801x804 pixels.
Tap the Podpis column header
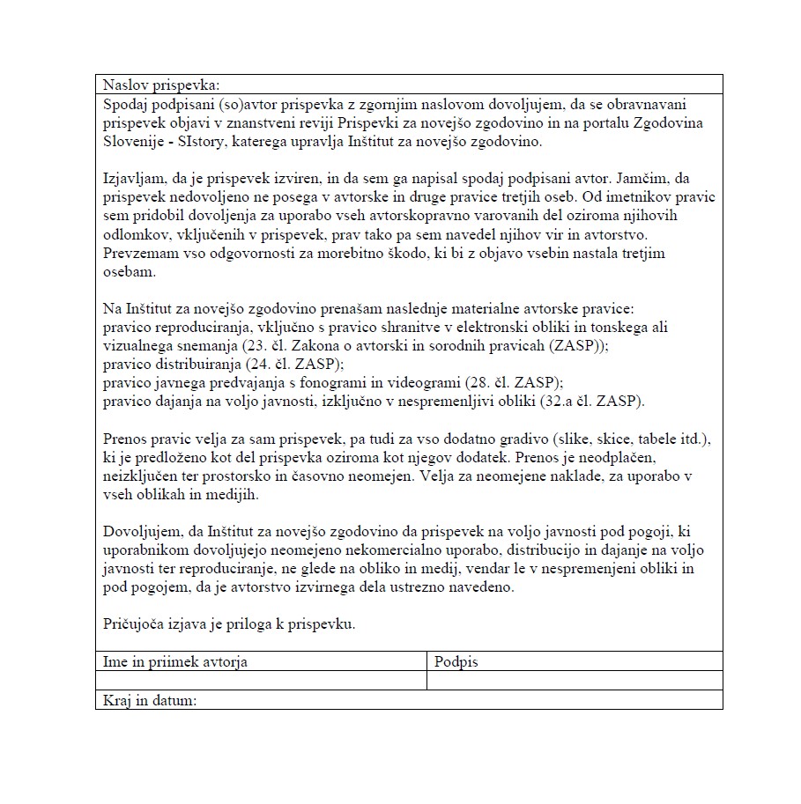[456, 661]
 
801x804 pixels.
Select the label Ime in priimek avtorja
[175, 661]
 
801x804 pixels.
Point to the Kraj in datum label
[149, 701]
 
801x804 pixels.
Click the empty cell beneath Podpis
[575, 681]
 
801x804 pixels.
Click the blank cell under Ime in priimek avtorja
[261, 681]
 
